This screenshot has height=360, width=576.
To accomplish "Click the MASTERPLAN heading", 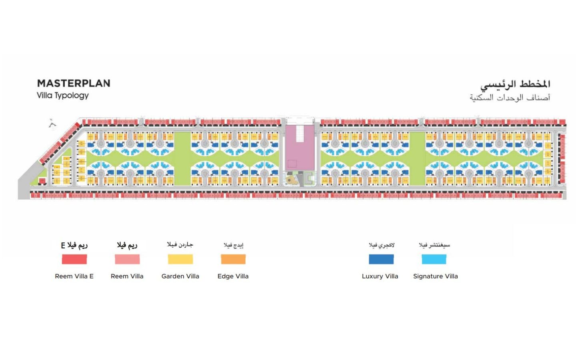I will (74, 83).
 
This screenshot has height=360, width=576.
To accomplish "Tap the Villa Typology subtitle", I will (62, 96).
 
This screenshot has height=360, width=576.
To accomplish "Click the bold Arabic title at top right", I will (515, 84).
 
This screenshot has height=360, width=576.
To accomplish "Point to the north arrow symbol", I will (52, 124).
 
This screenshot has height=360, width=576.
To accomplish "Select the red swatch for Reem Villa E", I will (74, 259).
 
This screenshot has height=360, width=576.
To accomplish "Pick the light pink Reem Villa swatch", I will (127, 259).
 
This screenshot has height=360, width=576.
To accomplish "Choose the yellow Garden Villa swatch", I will (180, 259).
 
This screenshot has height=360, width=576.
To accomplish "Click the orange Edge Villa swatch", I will (233, 259).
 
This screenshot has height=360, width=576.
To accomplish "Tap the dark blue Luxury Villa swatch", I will (381, 259).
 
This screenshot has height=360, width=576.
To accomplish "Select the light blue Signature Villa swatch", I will (434, 259).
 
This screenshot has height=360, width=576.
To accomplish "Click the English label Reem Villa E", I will (74, 276).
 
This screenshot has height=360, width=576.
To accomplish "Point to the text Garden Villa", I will (180, 276).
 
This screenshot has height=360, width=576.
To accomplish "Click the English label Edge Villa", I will (233, 276).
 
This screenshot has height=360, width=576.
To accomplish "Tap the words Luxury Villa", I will (380, 276).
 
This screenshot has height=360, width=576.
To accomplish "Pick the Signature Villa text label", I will (435, 276).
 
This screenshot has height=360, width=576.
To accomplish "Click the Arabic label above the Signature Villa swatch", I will (434, 245).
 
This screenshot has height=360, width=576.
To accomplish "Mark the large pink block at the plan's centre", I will (300, 148).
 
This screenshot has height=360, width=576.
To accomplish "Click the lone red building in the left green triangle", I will (42, 181).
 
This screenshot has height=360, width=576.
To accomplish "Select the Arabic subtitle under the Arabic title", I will (510, 98).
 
